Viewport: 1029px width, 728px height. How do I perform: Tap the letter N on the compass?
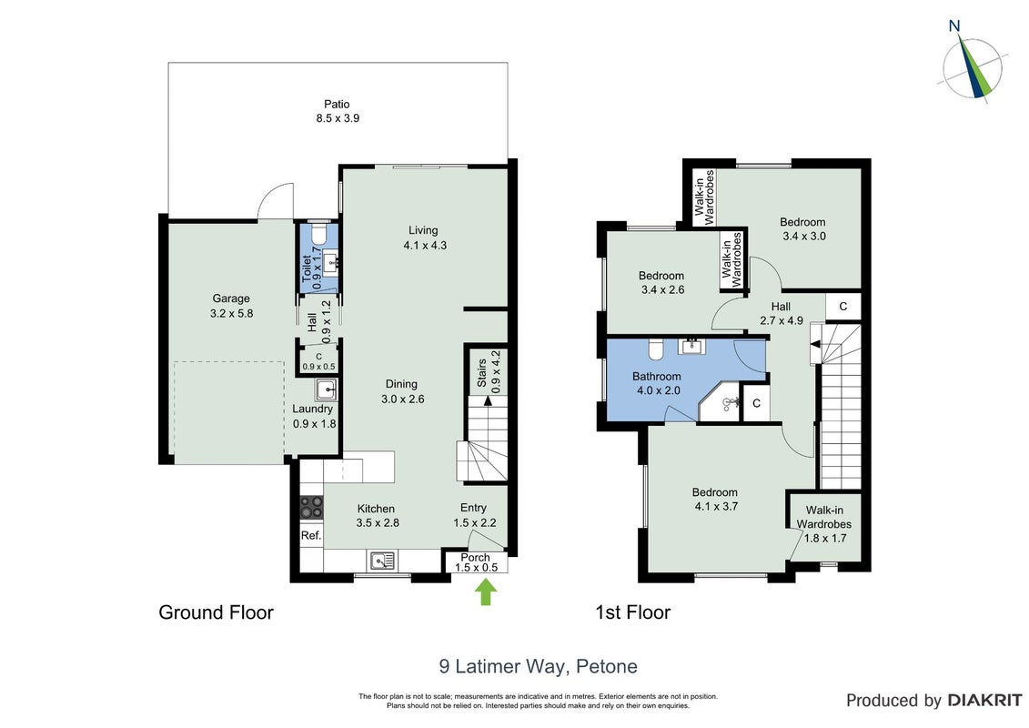(954, 26)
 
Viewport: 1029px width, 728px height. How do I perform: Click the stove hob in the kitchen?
(312, 507)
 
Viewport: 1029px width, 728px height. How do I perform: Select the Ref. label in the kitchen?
(311, 536)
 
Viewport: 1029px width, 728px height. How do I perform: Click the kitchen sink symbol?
(382, 561)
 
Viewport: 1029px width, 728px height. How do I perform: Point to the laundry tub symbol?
(326, 389)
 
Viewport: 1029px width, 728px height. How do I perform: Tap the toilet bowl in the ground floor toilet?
(318, 234)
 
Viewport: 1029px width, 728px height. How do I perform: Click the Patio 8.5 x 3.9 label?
(338, 111)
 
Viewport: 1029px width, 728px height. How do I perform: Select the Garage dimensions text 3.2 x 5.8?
(231, 313)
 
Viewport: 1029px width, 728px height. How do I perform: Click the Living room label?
(423, 230)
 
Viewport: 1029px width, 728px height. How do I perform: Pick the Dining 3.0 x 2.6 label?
(401, 391)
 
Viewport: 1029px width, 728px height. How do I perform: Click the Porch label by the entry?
(475, 557)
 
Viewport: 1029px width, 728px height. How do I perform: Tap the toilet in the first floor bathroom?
(656, 349)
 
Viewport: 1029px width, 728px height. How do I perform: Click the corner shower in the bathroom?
(720, 401)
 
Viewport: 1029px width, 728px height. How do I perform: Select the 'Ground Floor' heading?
(216, 612)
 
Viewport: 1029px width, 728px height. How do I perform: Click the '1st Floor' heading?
(632, 612)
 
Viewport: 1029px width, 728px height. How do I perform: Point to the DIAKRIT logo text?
(984, 700)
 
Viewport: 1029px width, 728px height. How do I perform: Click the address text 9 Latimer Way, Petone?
(538, 666)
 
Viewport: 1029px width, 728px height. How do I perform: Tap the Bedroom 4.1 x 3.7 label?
(715, 499)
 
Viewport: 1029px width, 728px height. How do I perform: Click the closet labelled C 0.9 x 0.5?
(318, 361)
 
